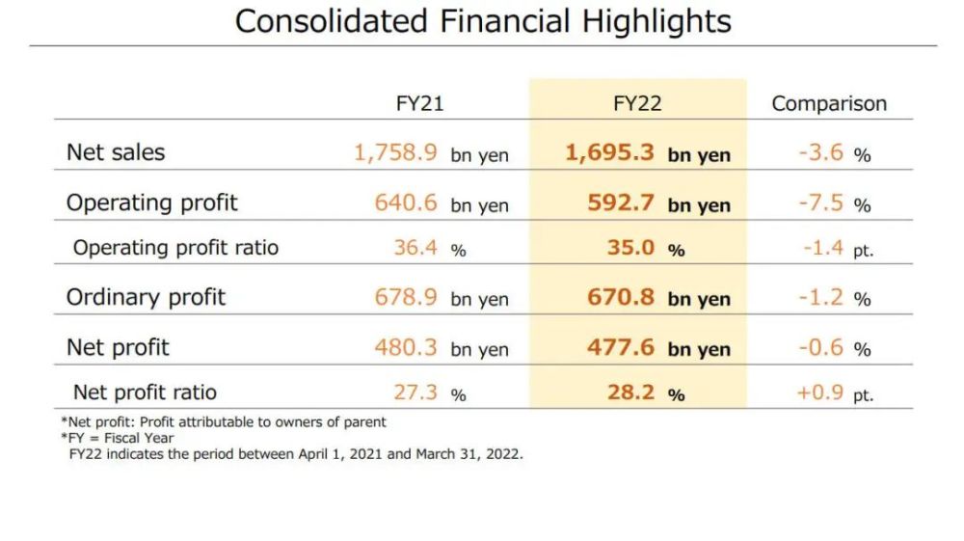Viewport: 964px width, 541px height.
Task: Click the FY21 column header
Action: pos(419,103)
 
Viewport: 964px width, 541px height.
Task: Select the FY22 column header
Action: pos(637,103)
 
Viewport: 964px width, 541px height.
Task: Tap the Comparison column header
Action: pos(829,103)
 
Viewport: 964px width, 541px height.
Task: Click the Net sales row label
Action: pos(116,152)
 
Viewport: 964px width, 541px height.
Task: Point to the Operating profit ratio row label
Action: pos(175,248)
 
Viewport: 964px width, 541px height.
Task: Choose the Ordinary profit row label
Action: pos(146,297)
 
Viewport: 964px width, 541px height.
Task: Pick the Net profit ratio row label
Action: pos(145,392)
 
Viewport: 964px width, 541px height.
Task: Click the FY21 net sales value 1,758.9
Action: pos(396,152)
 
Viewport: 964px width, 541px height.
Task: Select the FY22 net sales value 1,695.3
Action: pos(609,152)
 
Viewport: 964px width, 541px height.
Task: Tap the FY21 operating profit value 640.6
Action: pos(406,203)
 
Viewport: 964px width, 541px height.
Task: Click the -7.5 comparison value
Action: pos(821,203)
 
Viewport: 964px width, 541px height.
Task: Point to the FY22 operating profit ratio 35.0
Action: pos(630,248)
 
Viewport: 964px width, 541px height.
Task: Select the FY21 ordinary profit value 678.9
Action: pos(406,297)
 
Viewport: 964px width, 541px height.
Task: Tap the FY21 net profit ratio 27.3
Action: pos(415,392)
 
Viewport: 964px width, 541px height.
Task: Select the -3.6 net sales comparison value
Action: pos(821,152)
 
